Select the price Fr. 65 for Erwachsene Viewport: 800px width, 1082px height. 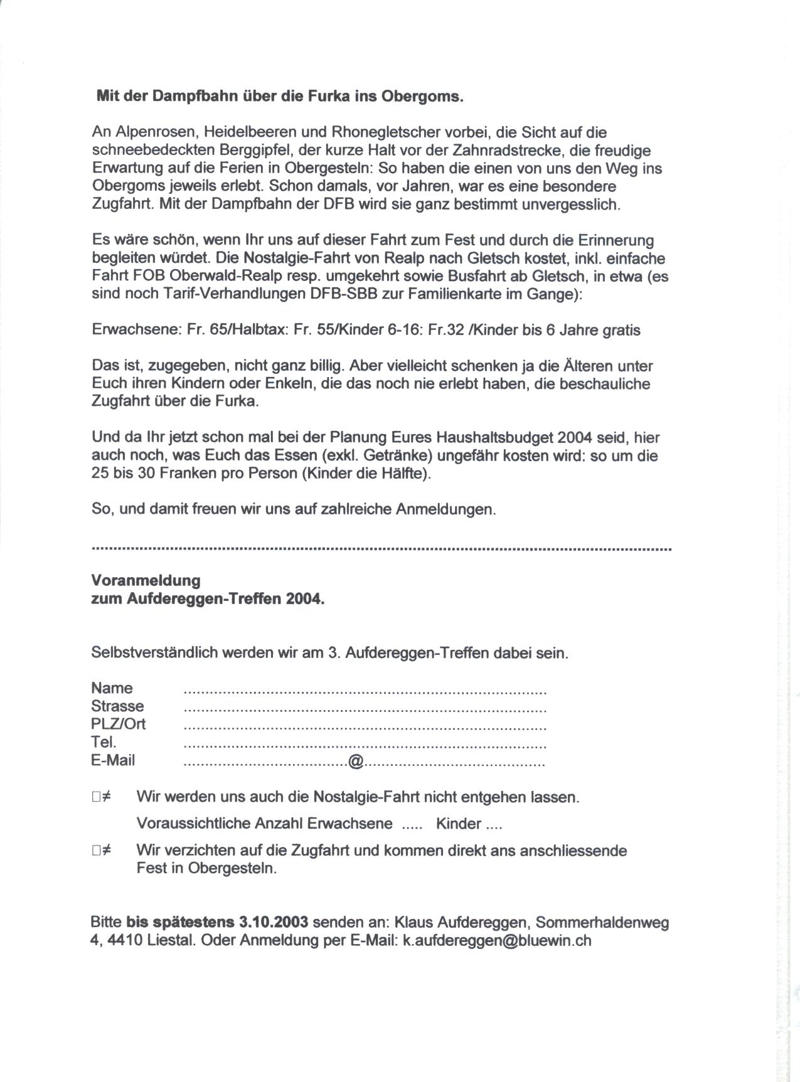207,330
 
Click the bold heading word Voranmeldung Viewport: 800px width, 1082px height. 146,580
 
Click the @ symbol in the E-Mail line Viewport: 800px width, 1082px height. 355,761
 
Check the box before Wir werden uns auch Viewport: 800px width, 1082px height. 96,797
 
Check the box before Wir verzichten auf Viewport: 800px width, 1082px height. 96,851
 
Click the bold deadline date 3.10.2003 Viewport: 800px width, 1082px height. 274,923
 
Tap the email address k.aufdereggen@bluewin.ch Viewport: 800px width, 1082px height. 496,941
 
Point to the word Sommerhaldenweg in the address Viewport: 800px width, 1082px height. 602,923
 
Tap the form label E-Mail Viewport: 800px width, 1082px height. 113,760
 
